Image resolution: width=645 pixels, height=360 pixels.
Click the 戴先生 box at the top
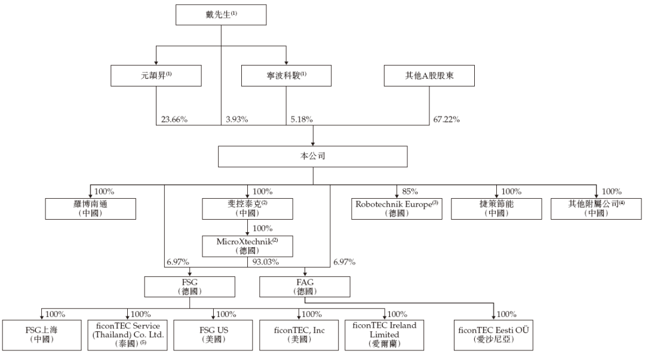221,15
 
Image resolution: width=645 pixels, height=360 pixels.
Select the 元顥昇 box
156,76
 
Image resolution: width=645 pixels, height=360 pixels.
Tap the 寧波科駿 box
286,76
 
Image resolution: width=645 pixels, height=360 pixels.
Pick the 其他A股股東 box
429,76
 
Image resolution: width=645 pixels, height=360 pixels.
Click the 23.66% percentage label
174,119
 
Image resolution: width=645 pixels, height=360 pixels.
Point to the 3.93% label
236,119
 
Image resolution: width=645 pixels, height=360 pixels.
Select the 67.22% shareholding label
446,119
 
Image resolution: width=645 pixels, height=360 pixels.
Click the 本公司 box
312,156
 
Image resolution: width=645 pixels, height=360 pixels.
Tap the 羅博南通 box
91,208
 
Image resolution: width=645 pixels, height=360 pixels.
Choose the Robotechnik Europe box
397,208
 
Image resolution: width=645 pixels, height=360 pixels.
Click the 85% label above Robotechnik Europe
410,191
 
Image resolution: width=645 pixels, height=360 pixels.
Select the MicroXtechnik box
247,246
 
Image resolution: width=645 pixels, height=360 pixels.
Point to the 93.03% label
265,261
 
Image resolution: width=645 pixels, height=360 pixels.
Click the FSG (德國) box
190,287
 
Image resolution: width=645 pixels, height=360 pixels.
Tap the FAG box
305,287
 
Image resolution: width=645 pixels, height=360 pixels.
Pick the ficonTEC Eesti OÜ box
494,336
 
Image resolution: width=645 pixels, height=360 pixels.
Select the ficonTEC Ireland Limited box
384,336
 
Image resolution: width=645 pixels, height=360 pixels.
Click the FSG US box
213,336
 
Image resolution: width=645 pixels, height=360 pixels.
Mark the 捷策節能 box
496,208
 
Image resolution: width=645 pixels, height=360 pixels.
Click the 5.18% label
302,119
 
